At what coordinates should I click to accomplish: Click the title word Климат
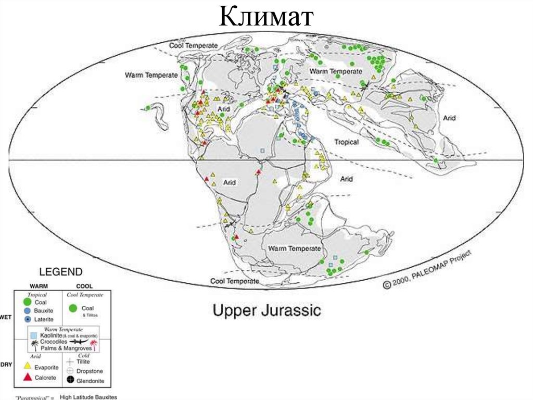tap(266, 16)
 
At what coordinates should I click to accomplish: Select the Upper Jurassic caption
tap(266, 311)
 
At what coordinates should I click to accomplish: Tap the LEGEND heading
tap(61, 272)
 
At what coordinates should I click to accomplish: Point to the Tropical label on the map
tap(346, 142)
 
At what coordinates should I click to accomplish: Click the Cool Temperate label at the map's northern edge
tap(193, 46)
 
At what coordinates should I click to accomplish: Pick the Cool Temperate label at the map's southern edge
tap(234, 281)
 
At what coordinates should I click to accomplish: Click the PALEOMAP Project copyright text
tap(428, 269)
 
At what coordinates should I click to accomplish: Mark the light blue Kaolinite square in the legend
tap(34, 335)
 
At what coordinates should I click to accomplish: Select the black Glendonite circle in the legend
tap(70, 381)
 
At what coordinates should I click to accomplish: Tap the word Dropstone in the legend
tap(90, 371)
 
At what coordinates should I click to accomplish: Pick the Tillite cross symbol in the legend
tap(70, 361)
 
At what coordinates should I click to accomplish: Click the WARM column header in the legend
tap(39, 286)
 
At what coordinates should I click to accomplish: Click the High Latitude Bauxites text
tap(88, 397)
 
